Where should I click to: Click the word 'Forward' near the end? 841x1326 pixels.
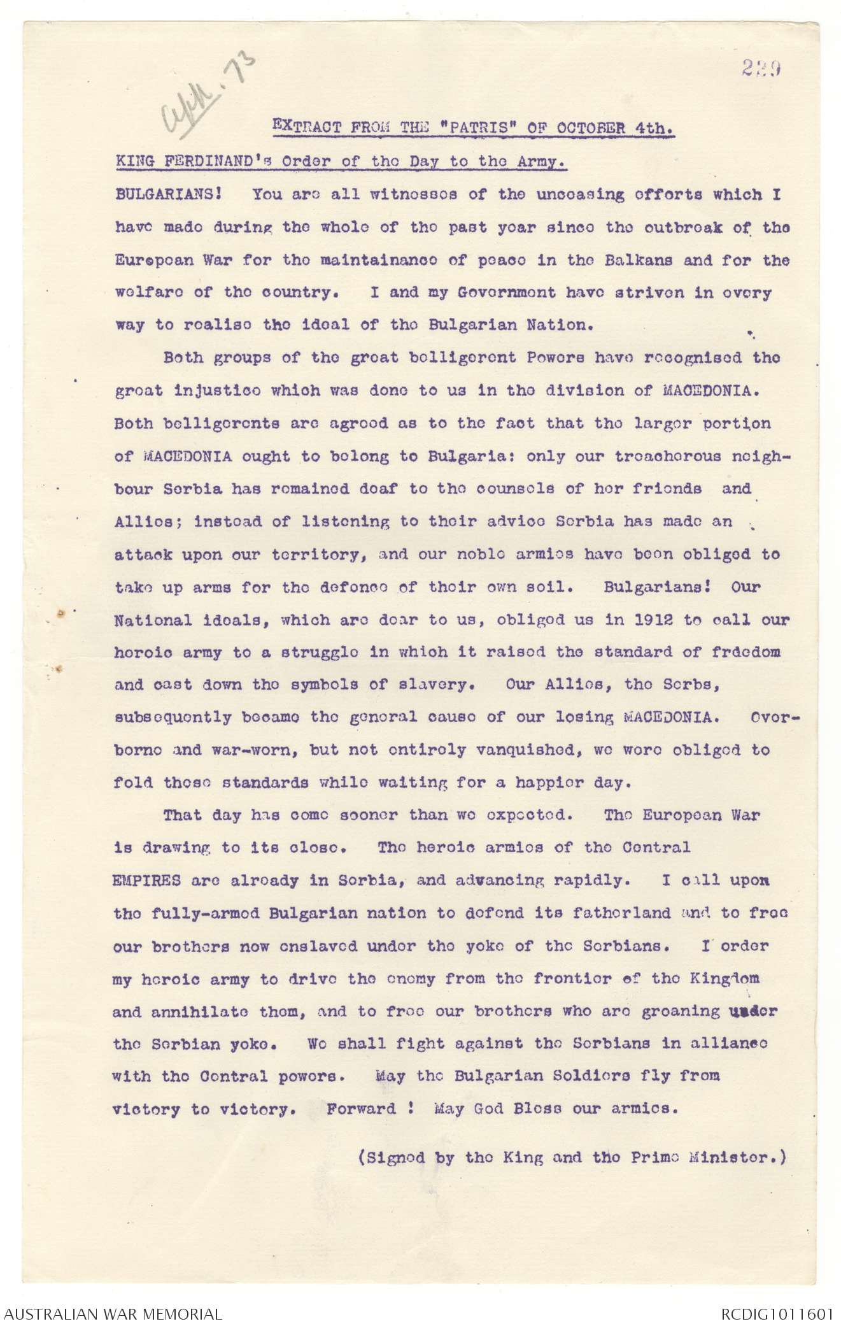pyautogui.click(x=361, y=1108)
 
